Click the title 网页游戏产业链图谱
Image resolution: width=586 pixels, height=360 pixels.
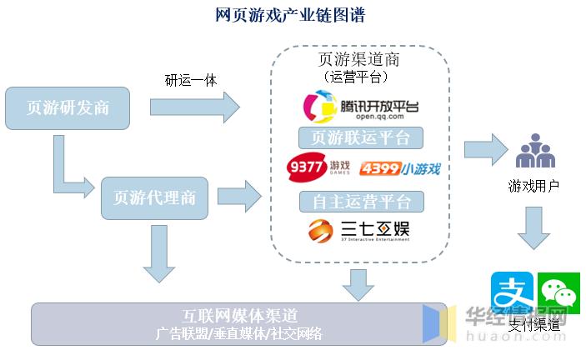[x=290, y=15]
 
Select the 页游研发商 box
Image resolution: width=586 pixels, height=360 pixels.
[x=68, y=107]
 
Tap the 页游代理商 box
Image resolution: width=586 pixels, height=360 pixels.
[x=154, y=197]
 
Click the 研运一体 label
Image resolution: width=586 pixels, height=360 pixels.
[x=192, y=80]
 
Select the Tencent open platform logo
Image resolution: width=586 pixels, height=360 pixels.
[x=360, y=107]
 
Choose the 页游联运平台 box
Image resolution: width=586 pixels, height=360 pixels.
[x=360, y=137]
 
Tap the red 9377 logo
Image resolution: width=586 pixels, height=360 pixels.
[x=318, y=168]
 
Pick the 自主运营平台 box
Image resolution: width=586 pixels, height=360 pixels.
[x=361, y=201]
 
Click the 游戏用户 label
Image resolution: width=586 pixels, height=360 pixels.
[x=533, y=186]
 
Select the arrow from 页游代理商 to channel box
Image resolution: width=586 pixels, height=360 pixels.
[x=239, y=197]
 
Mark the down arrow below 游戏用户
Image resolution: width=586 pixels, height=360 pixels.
[x=533, y=227]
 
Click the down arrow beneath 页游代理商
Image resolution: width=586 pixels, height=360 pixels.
[x=158, y=254]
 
